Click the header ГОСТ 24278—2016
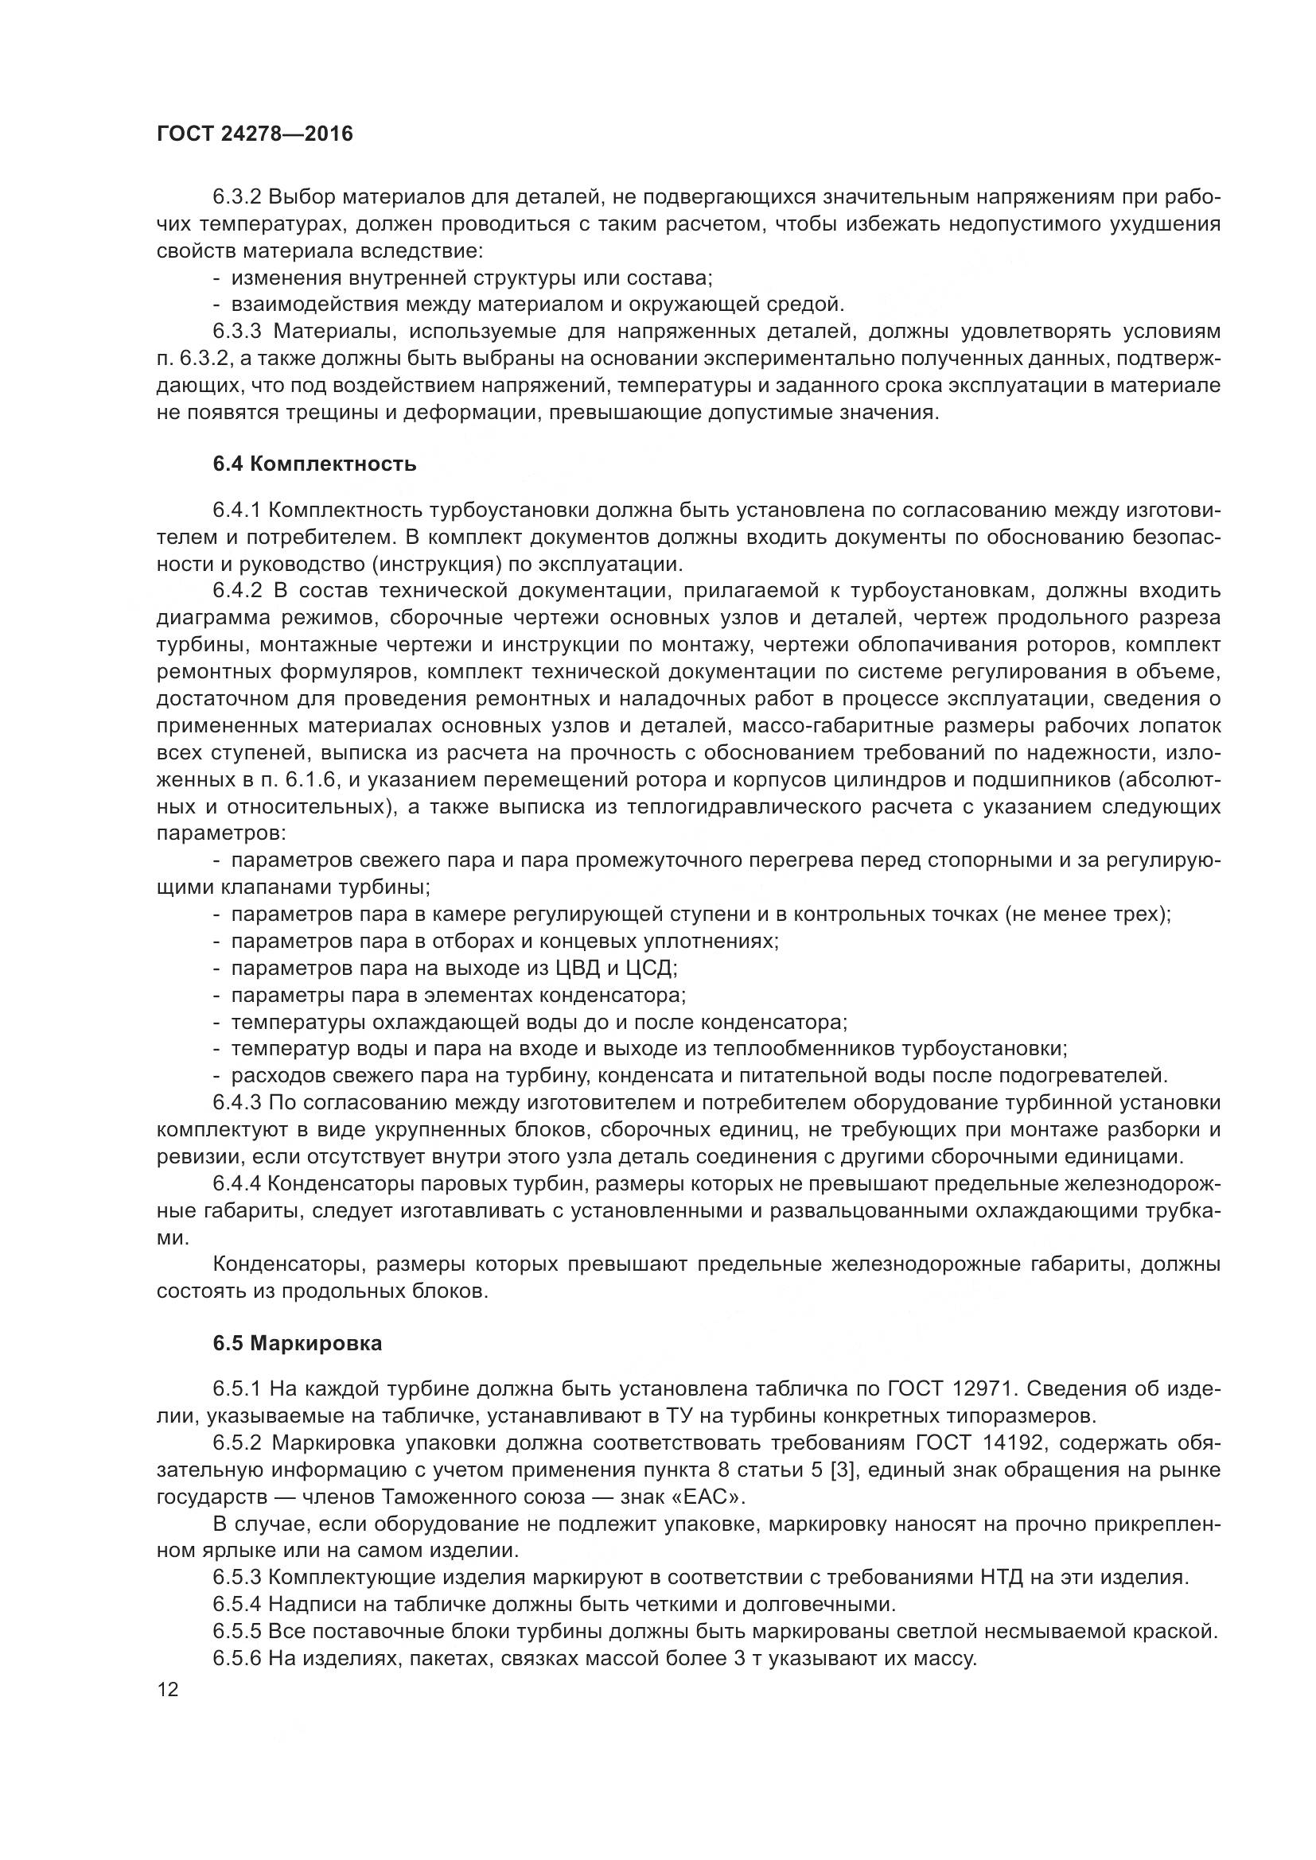tap(255, 134)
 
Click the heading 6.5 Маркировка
tap(298, 1343)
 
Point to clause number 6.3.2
tap(237, 198)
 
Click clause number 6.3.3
tap(237, 332)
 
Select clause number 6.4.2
tap(237, 591)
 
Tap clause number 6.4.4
tap(237, 1184)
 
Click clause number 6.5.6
tap(237, 1657)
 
